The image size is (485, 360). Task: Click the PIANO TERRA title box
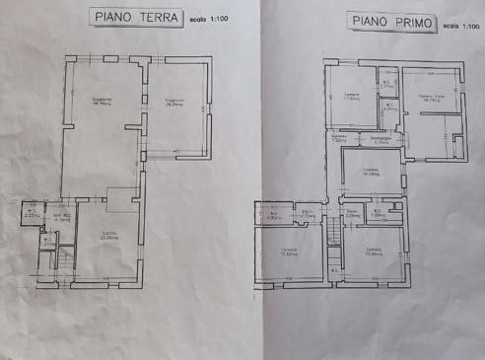point(134,17)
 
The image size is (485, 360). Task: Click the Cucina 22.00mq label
point(108,236)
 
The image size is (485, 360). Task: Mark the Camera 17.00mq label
point(351,98)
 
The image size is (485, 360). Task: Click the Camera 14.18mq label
point(371,171)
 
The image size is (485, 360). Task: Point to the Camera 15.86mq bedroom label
point(374,251)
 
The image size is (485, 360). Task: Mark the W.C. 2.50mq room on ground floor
point(32,212)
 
